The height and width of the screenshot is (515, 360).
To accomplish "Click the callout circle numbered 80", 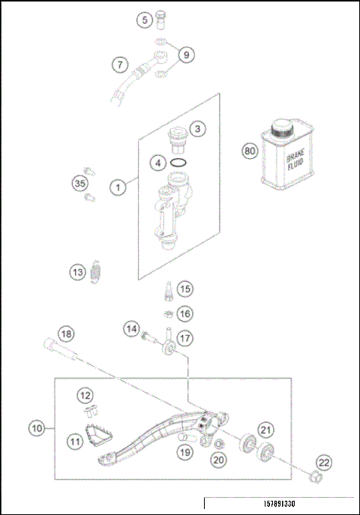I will click(x=250, y=151).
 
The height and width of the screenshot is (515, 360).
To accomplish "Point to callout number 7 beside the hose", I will click(x=119, y=65).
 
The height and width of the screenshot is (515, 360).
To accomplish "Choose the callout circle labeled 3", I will click(x=196, y=129).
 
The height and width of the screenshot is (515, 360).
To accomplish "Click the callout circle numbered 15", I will click(x=185, y=288).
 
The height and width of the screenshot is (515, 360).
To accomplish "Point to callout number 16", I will click(x=185, y=313).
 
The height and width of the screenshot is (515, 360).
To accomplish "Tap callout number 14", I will click(x=132, y=328).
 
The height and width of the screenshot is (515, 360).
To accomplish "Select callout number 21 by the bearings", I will click(x=265, y=429).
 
